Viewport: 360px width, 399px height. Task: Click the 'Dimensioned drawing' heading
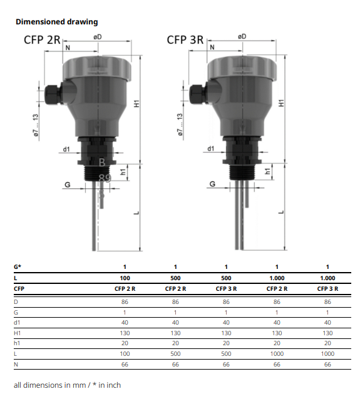[x=56, y=22]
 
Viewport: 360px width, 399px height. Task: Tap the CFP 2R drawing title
[x=42, y=40]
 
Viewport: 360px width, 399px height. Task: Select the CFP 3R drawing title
[x=185, y=40]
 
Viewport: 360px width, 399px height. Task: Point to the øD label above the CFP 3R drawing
[x=242, y=37]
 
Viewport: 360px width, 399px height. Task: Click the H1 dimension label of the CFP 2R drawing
[x=137, y=104]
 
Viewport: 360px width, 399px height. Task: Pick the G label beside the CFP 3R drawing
[x=212, y=184]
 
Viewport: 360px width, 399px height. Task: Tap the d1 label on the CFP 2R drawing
[x=66, y=149]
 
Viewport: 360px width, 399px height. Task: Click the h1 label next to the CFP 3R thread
[x=267, y=171]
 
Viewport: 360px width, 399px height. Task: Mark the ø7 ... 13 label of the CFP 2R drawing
[x=36, y=125]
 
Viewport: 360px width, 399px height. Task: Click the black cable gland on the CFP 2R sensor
[x=53, y=94]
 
